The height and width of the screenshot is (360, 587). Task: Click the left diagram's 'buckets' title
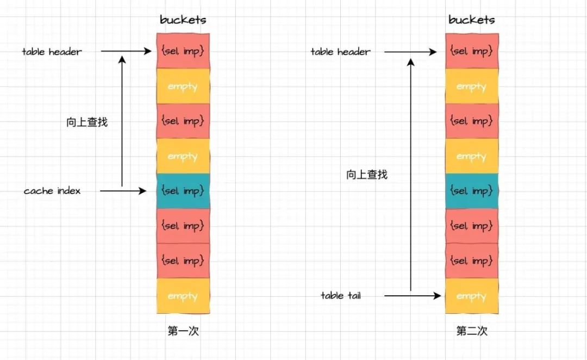click(183, 20)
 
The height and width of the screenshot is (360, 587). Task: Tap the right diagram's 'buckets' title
click(472, 20)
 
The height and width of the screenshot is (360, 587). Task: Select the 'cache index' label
click(52, 191)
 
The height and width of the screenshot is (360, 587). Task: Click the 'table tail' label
click(341, 296)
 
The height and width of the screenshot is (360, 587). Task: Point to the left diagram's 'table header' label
click(52, 52)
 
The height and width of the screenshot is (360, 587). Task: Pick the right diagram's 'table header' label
click(341, 52)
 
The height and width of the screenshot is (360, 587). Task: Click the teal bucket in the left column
click(183, 191)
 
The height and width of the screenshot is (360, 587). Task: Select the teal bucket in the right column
click(472, 191)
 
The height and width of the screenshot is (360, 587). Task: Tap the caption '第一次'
click(183, 331)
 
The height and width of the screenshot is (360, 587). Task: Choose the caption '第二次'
click(472, 331)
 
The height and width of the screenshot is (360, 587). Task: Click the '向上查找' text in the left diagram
click(87, 122)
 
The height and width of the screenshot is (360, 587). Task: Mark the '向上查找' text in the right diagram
click(367, 175)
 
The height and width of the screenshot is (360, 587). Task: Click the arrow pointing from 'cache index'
click(123, 191)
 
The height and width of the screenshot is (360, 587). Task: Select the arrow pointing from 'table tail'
click(412, 296)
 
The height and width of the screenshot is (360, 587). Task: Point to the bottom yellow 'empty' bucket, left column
click(183, 296)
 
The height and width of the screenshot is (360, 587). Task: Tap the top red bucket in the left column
click(183, 51)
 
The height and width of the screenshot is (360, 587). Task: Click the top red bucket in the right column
click(472, 51)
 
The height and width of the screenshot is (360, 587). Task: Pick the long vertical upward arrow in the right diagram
click(411, 174)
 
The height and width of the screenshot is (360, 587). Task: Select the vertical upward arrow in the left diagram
click(122, 122)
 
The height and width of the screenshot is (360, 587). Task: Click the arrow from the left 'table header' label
click(126, 52)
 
